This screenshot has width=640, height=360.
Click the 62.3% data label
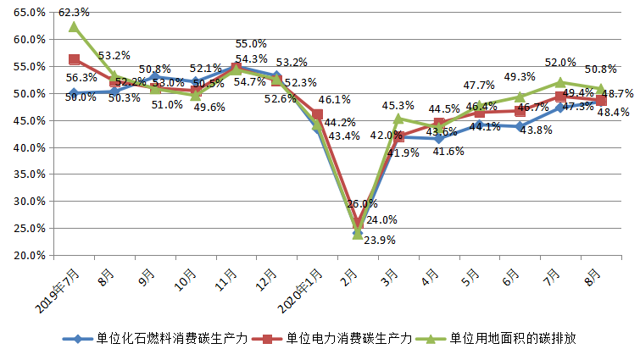[x=74, y=13]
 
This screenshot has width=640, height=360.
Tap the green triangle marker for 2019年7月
[x=74, y=27]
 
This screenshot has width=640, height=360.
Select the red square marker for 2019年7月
[x=74, y=59]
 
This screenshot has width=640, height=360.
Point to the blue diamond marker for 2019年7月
[x=74, y=93]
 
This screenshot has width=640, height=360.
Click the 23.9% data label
[x=377, y=240]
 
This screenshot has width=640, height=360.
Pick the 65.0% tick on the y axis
[x=30, y=13]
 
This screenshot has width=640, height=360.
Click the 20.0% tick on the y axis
[x=30, y=256]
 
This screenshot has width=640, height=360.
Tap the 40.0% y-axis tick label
[x=30, y=147]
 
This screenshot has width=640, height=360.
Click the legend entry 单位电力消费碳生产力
[x=348, y=339]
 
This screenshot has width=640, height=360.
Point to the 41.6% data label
[x=447, y=151]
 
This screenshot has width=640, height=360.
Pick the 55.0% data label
[x=251, y=44]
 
